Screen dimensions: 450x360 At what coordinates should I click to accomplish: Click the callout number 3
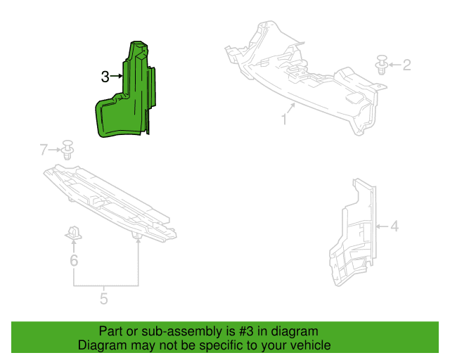[105, 77]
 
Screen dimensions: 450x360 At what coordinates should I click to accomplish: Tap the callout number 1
[284, 119]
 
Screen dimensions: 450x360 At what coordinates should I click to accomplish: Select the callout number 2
[406, 65]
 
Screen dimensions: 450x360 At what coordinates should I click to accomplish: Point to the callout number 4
[395, 226]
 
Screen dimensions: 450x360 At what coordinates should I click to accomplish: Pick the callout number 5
[104, 299]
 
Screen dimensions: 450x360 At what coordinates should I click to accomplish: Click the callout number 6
[74, 260]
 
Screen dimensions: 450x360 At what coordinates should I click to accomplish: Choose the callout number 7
[44, 150]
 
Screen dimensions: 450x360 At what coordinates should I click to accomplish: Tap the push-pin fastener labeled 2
[382, 65]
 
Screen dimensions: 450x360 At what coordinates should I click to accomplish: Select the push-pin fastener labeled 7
[67, 150]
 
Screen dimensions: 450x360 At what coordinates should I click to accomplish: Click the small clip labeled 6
[73, 233]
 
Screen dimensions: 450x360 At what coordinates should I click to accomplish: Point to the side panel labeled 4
[352, 232]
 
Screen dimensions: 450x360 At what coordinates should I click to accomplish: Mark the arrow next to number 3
[116, 76]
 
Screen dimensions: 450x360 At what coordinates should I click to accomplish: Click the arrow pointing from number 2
[395, 65]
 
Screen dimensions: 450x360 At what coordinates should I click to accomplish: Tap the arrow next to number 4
[382, 226]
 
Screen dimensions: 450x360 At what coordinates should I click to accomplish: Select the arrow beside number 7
[55, 150]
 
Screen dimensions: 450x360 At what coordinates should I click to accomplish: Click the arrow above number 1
[290, 108]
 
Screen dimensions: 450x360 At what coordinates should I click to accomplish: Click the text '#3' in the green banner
[246, 331]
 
